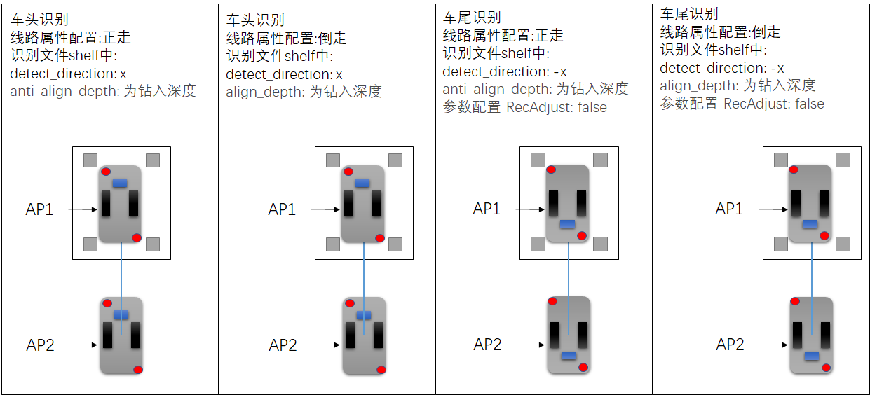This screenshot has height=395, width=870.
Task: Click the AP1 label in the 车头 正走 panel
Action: (x=40, y=209)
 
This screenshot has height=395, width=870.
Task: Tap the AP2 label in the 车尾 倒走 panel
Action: (x=729, y=345)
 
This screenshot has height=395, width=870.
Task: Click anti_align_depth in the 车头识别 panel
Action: (x=62, y=91)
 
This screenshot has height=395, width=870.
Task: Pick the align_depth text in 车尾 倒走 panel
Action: (x=698, y=85)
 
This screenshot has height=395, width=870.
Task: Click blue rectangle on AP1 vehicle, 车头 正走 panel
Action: (x=120, y=183)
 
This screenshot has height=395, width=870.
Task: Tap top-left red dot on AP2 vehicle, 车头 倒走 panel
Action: (x=350, y=303)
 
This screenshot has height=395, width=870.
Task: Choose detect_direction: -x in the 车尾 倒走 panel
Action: (x=722, y=68)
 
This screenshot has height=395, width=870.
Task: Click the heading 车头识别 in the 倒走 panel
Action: (x=255, y=20)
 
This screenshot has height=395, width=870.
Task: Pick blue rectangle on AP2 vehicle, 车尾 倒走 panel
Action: (x=811, y=356)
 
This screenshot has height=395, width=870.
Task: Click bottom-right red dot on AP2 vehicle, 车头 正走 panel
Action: (x=138, y=370)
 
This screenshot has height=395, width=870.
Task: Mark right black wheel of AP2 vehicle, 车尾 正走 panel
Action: (x=582, y=336)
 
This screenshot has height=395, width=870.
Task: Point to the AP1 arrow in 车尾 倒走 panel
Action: (x=770, y=209)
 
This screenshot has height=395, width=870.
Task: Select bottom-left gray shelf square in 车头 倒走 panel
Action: (x=333, y=244)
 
